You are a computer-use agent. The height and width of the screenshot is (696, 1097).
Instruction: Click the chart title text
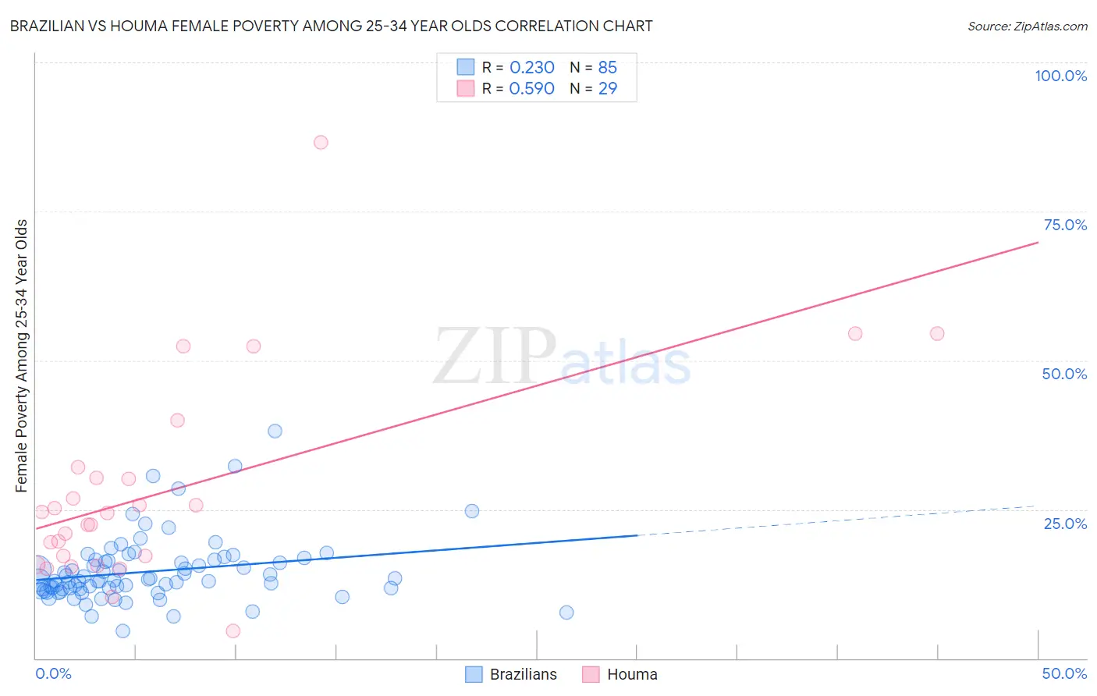[331, 26]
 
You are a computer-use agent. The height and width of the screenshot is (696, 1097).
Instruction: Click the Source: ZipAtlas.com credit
[1027, 26]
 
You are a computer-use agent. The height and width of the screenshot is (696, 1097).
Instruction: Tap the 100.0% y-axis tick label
[1060, 76]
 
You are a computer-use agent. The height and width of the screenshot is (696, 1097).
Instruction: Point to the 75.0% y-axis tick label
[1065, 225]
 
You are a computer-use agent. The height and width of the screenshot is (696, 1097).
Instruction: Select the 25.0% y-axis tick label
[1065, 524]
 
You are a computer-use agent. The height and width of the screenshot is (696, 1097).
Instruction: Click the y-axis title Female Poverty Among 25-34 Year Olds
[22, 356]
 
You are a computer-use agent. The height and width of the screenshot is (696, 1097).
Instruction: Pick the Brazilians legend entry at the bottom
[511, 675]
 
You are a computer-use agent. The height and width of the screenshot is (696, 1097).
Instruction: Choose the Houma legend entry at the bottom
[620, 675]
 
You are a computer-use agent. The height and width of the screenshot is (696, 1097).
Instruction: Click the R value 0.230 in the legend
[531, 68]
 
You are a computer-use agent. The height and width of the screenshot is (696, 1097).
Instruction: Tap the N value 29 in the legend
[607, 89]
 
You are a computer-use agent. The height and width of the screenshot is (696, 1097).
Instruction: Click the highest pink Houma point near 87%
[321, 142]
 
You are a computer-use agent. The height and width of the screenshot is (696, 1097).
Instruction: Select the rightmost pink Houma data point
[937, 334]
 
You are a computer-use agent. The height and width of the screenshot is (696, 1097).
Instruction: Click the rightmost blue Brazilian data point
[566, 613]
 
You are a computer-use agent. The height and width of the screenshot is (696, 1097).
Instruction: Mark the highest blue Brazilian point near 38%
[275, 431]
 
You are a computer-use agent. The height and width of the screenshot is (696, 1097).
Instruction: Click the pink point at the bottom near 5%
[233, 631]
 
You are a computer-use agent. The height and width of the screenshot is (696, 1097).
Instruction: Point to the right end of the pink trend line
[1037, 243]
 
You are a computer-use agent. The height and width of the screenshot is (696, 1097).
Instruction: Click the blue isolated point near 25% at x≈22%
[472, 511]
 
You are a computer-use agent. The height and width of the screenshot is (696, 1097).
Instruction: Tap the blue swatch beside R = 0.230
[466, 68]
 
